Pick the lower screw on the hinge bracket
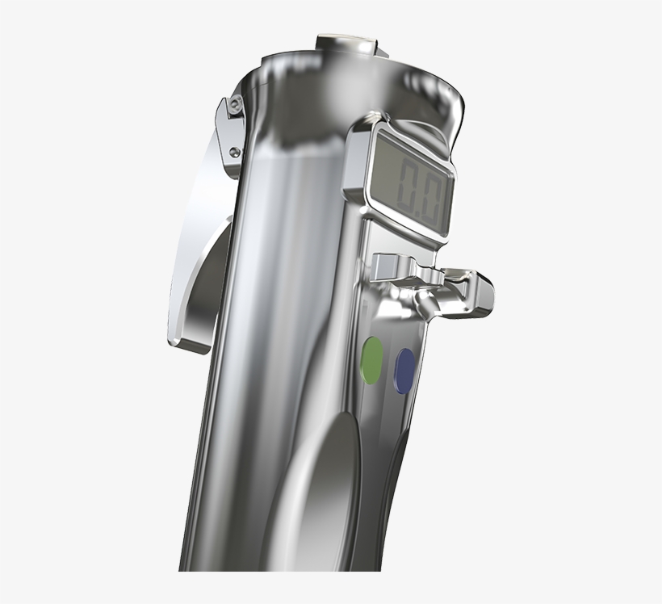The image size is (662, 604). [233, 151]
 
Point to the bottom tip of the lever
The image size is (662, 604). [177, 340]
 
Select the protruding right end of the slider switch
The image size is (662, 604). [480, 296]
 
